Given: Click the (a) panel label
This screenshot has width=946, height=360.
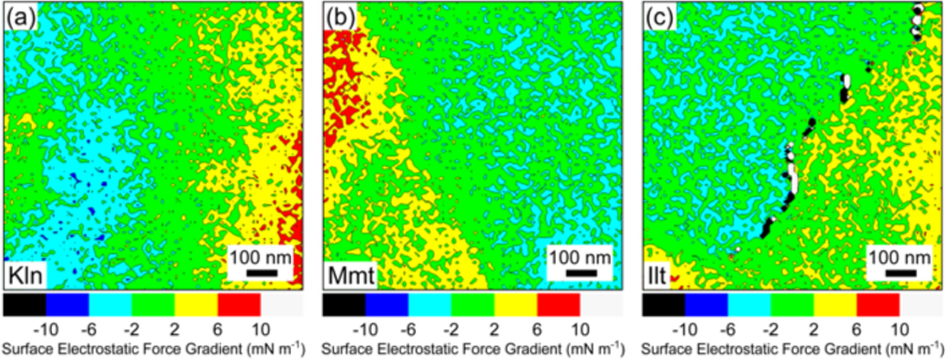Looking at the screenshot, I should coord(20,18).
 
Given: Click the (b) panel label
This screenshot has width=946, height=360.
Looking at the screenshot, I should coord(340,18).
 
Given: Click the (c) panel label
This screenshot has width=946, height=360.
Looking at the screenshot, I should coord(659,18).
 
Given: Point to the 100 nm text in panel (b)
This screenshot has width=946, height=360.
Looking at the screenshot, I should coord(580,257).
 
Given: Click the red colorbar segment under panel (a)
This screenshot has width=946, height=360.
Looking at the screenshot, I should coord(239,304).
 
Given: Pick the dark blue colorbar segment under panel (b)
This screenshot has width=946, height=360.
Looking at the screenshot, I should coord(387,304).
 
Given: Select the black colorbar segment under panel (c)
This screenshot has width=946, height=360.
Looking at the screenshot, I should coord(664,304).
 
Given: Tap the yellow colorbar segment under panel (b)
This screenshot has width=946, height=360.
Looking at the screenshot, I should coord(516,304).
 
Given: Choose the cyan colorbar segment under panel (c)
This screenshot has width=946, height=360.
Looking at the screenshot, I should coord(749,304).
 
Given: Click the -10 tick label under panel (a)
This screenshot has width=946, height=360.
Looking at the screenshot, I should coord(46,330).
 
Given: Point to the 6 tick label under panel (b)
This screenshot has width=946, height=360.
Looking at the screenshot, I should coord(537,330).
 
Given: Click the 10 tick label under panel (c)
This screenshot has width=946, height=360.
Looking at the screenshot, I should coord(900,330).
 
